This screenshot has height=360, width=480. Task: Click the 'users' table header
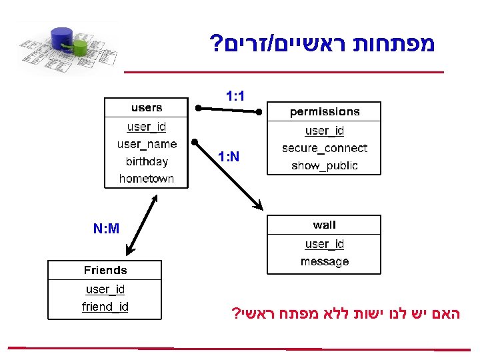point(147,107)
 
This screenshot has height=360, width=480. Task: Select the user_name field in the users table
point(147,144)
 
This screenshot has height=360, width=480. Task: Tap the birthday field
point(147,161)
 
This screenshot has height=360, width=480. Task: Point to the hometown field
point(147,179)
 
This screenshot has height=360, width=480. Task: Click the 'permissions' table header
point(325,111)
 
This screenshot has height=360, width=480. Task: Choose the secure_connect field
point(325,148)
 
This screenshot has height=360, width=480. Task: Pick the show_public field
point(325,165)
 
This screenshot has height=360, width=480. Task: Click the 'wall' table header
point(325,225)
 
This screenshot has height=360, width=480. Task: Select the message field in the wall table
point(325,261)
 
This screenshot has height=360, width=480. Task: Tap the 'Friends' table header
point(105,270)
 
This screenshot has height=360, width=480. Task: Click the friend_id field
point(105,307)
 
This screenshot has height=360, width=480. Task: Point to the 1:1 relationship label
point(235,97)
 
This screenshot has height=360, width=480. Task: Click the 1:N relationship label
point(229,157)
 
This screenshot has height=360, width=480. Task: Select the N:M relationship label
point(106,229)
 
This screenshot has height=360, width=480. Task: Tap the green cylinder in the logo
point(80,47)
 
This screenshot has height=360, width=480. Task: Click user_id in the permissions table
point(325,131)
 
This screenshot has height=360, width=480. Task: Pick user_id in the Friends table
point(105,289)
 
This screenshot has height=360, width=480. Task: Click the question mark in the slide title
point(217,46)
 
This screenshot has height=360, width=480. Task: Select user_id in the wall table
point(325,244)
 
